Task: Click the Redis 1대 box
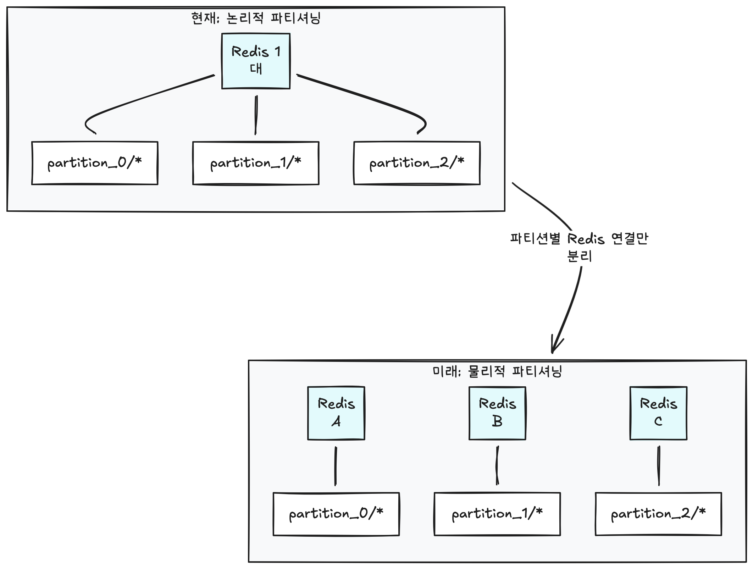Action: [256, 61]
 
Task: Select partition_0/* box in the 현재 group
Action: [95, 163]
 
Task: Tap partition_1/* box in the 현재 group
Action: [256, 163]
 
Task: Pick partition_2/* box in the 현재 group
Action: [417, 163]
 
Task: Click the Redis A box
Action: [336, 413]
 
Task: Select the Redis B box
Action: [497, 413]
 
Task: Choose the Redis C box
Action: [658, 413]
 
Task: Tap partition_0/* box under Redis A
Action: [336, 514]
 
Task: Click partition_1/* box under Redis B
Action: [497, 514]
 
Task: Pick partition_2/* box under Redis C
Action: [658, 514]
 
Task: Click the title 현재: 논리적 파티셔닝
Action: [256, 18]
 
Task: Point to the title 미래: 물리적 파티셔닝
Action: [497, 371]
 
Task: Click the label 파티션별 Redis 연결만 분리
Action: [579, 247]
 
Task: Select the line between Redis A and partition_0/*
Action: [336, 466]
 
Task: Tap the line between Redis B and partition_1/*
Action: [497, 465]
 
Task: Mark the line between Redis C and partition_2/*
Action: [659, 466]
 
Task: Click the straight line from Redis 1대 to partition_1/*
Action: [256, 115]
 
